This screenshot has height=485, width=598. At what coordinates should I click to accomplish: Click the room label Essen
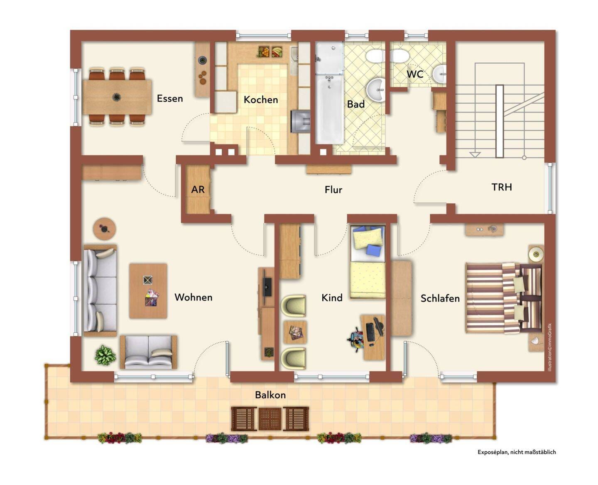[169, 98]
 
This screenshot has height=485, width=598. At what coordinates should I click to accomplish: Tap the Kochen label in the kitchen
[260, 100]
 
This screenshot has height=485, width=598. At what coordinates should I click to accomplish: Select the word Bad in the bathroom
[356, 104]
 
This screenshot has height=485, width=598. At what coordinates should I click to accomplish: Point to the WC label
[415, 74]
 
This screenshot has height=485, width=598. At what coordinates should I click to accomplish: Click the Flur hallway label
[333, 190]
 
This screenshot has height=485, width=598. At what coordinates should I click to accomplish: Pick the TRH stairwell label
[501, 187]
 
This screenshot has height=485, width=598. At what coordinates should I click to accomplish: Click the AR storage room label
[198, 190]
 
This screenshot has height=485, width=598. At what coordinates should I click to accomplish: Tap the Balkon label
[270, 395]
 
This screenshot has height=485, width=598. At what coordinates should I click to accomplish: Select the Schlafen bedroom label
[440, 298]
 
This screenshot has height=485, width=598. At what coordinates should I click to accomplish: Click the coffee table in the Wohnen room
[148, 291]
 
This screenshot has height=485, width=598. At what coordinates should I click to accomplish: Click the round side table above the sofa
[104, 229]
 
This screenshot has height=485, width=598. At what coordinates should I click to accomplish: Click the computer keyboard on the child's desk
[370, 332]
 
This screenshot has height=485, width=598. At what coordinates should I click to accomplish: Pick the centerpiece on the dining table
[116, 97]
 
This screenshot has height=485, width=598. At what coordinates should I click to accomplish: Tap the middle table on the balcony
[270, 419]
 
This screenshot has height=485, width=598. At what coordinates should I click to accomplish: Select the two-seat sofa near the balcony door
[149, 352]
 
